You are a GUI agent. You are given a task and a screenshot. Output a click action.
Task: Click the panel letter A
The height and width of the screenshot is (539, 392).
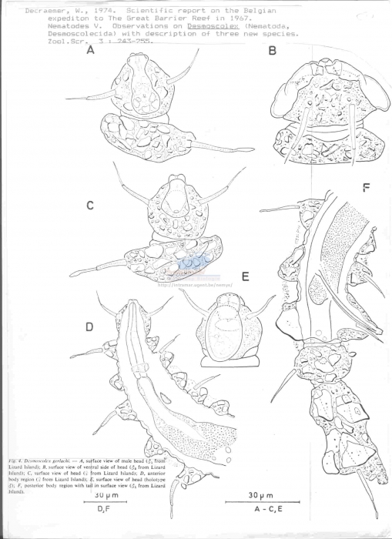[91, 52]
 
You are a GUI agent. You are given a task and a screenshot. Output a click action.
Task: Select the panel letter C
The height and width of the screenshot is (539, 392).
[90, 206]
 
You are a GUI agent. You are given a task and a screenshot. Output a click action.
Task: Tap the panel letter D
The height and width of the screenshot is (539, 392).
[89, 327]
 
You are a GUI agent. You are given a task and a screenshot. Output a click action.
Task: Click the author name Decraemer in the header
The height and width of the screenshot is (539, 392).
[28, 11]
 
